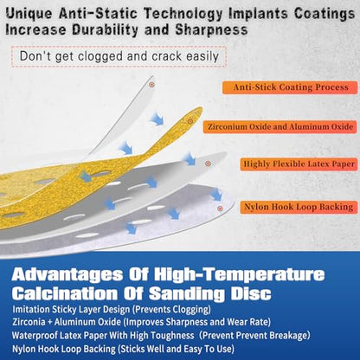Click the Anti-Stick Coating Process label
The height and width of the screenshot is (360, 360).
click(x=290, y=87)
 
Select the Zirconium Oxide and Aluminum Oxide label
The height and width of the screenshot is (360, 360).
click(x=280, y=127)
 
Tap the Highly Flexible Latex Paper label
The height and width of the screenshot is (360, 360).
click(x=299, y=164)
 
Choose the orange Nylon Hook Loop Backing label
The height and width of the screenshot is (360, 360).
click(x=299, y=207)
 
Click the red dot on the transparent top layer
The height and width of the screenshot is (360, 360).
click(x=151, y=85)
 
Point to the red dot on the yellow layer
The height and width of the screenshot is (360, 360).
click(x=190, y=121)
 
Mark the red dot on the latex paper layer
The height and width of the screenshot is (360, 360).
click(x=208, y=164)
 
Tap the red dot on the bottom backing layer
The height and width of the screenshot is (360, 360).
click(x=220, y=209)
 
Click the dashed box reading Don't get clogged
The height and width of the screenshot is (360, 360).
click(x=119, y=56)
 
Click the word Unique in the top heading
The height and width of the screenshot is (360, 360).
click(x=29, y=14)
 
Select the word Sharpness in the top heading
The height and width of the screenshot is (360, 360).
click(x=211, y=29)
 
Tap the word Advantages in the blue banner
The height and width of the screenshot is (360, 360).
click(x=67, y=274)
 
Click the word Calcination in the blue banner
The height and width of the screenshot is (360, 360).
click(x=65, y=293)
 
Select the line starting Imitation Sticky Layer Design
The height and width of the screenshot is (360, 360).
click(x=112, y=310)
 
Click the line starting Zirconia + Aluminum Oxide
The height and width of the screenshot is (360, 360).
click(x=141, y=322)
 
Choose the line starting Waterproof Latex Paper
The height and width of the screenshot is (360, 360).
click(x=161, y=336)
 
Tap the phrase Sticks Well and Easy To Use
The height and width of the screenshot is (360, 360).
click(x=177, y=349)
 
